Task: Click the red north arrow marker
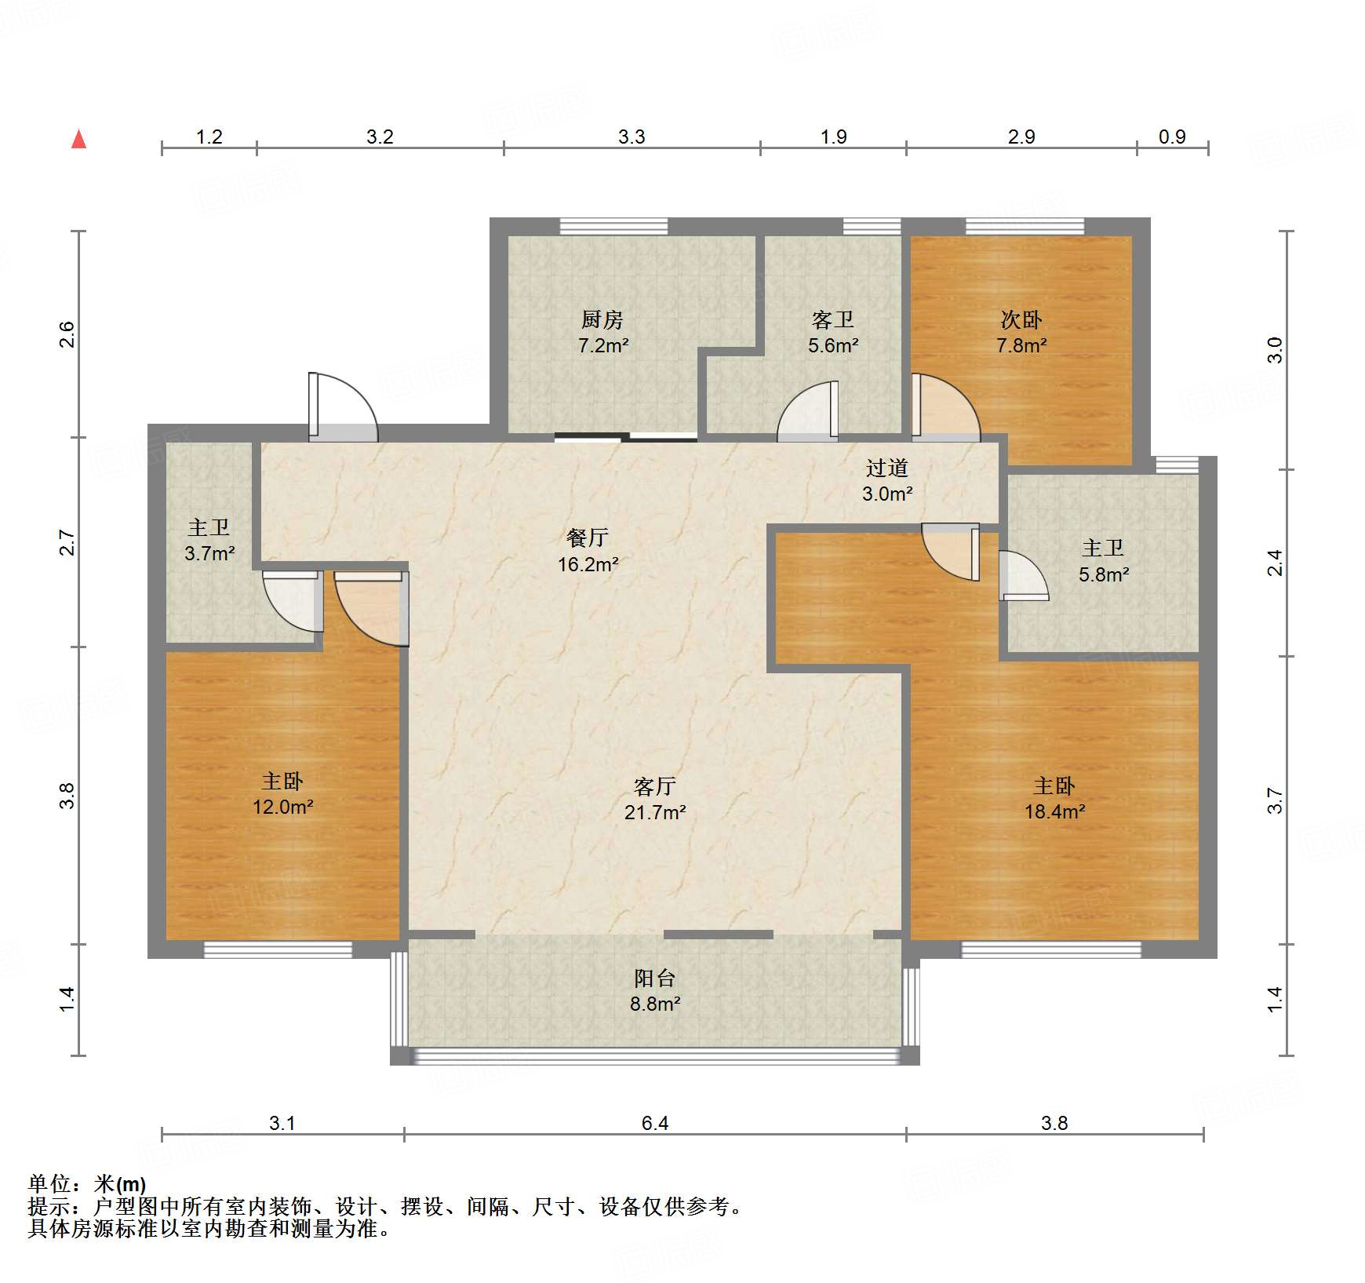78,139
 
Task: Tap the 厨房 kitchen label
602,319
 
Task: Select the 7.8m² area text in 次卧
1021,345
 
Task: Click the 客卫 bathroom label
833,319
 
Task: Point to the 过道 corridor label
887,468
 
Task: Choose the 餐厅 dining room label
588,538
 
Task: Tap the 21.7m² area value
655,812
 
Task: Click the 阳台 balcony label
655,978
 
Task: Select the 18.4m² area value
1054,811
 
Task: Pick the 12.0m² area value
282,807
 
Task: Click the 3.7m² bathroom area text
209,553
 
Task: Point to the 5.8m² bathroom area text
1104,574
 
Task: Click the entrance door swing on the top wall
343,406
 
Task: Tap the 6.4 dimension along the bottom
655,1123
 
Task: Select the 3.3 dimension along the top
632,137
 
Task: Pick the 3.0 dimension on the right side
1275,350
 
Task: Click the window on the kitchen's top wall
613,227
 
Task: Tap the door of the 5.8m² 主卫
1023,576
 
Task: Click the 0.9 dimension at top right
1172,137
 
